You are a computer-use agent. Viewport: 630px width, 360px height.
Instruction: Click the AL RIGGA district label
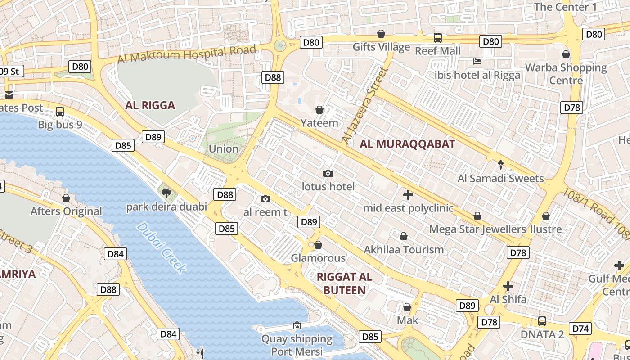150,106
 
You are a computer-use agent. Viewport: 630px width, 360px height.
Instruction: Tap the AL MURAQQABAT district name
408,144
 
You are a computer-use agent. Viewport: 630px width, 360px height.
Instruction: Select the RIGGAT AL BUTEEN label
344,283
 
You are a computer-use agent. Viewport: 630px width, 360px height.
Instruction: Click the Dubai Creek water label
161,248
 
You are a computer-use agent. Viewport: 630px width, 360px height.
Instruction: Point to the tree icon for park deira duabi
166,193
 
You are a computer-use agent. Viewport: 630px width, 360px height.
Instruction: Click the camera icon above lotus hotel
328,173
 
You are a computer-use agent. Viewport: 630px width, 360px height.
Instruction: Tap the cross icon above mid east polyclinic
408,195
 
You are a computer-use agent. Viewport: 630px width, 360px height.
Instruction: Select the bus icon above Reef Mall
437,37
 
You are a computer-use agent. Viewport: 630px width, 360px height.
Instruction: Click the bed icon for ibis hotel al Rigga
477,61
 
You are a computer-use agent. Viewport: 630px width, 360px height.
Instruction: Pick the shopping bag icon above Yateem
319,110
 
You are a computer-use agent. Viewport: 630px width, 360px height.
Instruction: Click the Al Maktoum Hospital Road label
187,54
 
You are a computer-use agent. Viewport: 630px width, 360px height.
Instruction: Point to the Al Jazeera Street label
365,105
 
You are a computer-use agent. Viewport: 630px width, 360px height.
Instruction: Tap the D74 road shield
580,328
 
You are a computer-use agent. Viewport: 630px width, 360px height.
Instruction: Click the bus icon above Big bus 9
60,111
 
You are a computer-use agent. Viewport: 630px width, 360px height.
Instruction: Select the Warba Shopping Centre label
566,74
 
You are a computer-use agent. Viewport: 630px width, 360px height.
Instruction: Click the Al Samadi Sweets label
500,179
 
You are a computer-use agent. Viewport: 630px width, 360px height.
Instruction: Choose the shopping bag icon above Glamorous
318,245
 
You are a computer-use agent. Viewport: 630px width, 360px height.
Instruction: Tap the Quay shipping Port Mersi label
297,345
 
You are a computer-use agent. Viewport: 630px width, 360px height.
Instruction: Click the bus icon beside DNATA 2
542,321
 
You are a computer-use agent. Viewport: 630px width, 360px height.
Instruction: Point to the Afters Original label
66,211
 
